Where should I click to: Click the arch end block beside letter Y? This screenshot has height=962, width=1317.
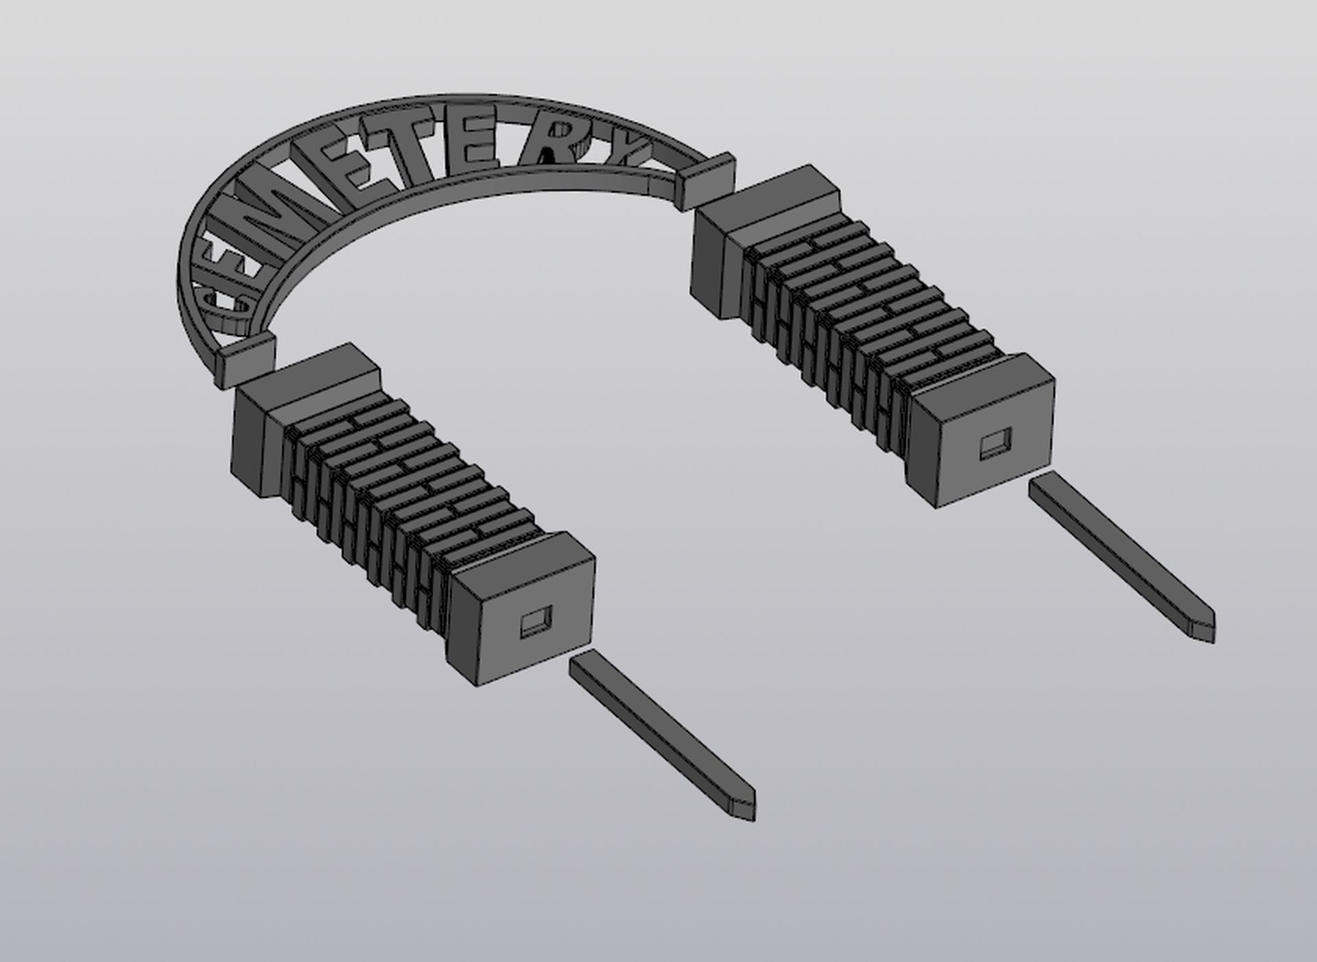click(x=707, y=180)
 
